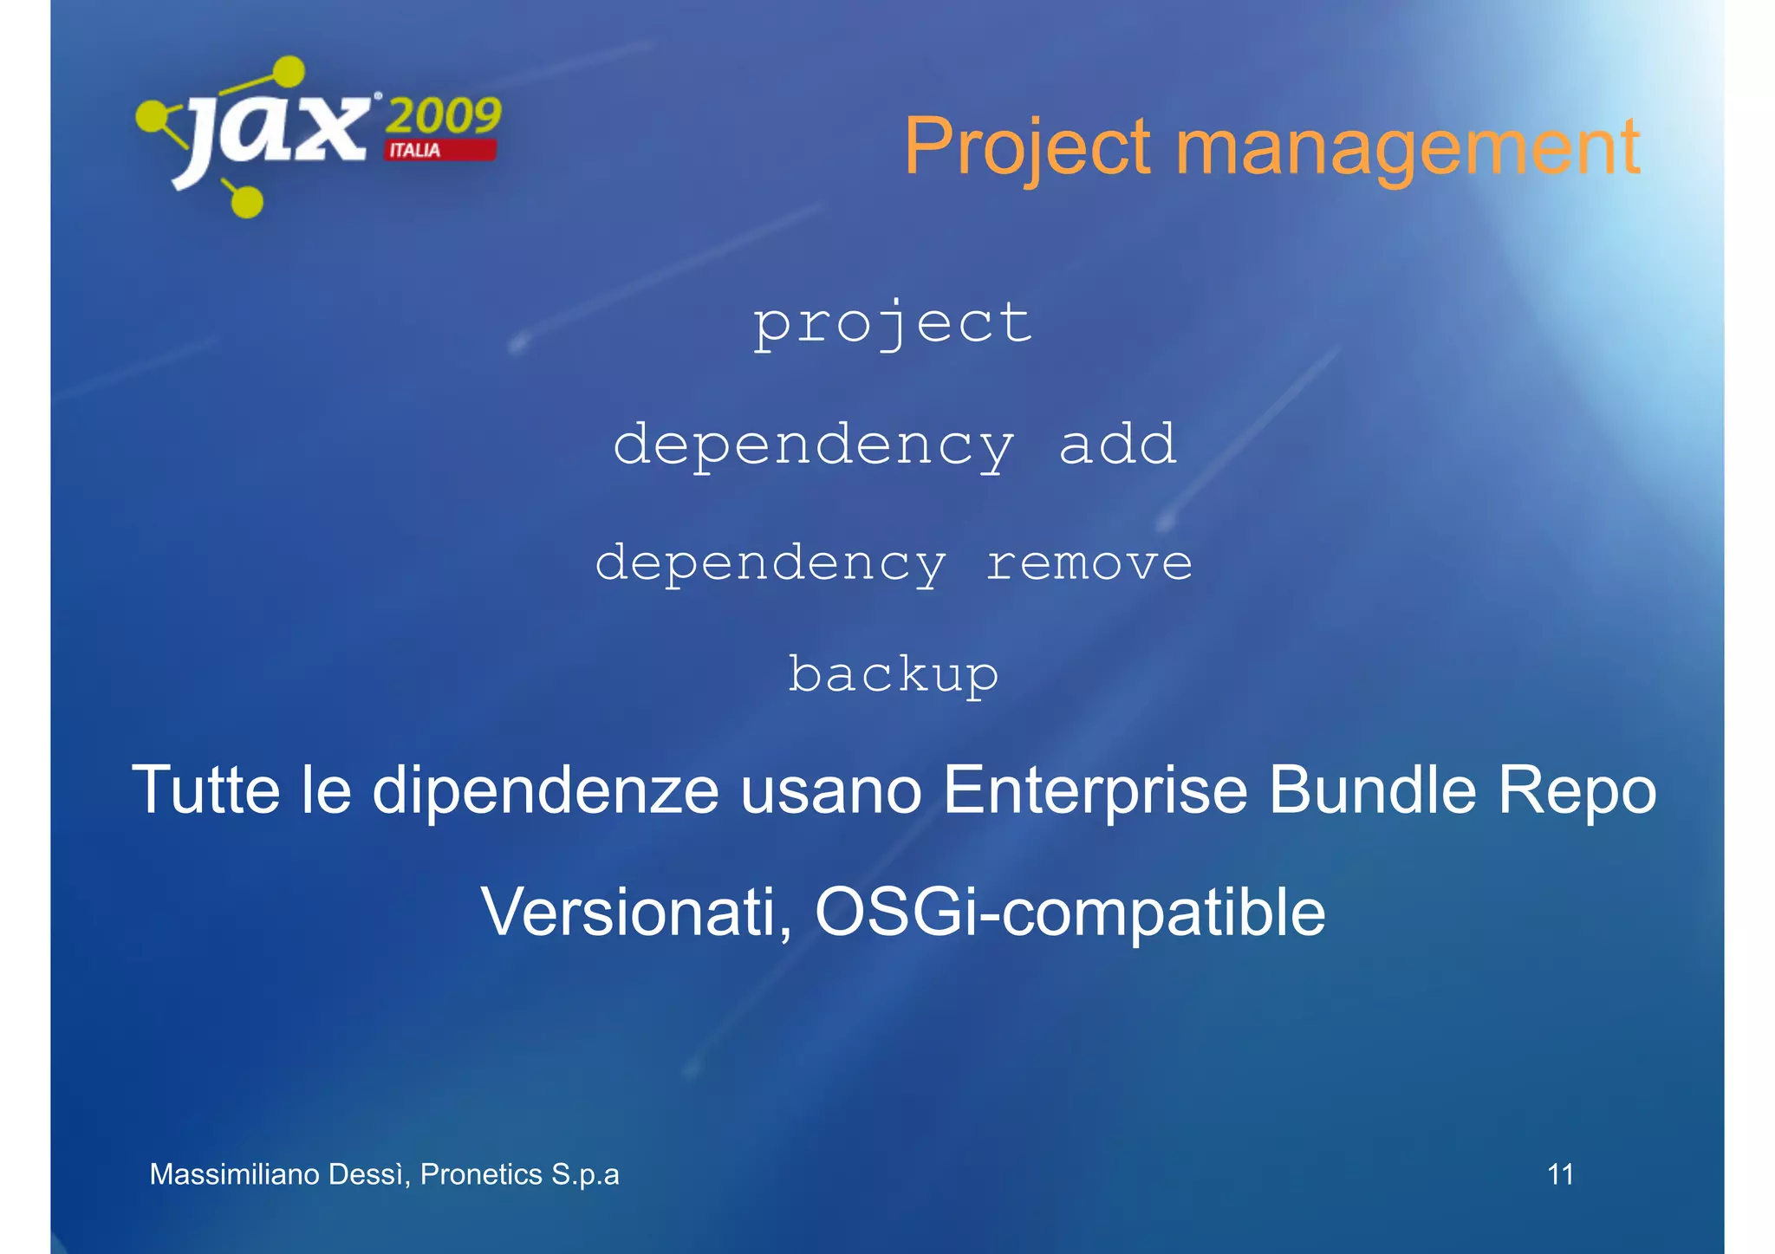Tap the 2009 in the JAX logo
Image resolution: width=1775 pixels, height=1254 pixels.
click(443, 116)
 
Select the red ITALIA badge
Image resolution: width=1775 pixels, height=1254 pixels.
click(440, 150)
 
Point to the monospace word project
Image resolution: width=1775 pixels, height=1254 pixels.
click(893, 323)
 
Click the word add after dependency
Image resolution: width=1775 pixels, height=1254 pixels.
click(1117, 444)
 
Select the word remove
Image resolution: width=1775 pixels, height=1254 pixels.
click(1089, 562)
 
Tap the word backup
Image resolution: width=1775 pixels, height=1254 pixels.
click(893, 674)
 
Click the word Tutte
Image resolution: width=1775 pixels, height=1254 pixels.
click(206, 789)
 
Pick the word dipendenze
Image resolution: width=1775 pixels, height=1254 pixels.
click(545, 789)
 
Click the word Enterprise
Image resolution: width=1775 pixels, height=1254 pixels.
click(1094, 789)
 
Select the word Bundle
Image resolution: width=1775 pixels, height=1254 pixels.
click(1372, 789)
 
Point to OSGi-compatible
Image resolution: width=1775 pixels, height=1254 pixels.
click(1070, 912)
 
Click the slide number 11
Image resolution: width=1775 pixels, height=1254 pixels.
click(1560, 1174)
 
